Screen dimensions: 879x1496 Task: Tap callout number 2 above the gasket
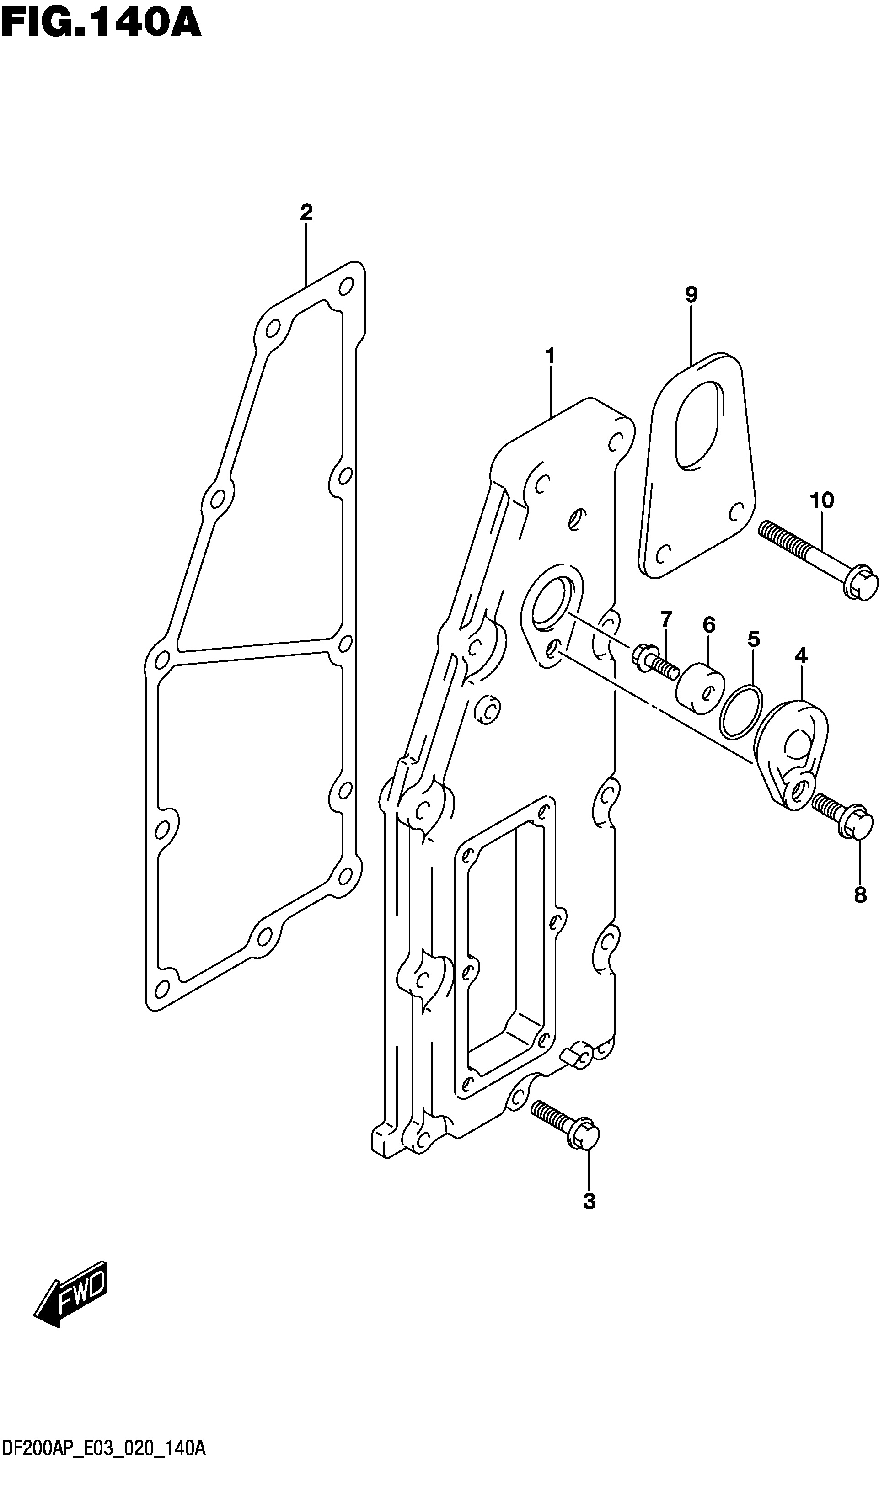(x=306, y=212)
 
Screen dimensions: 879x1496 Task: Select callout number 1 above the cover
(x=550, y=356)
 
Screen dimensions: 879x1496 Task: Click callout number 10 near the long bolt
(x=822, y=500)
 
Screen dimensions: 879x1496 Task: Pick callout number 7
(x=666, y=619)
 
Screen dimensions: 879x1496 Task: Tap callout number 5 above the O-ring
(x=753, y=639)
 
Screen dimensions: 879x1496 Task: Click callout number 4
(x=801, y=656)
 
